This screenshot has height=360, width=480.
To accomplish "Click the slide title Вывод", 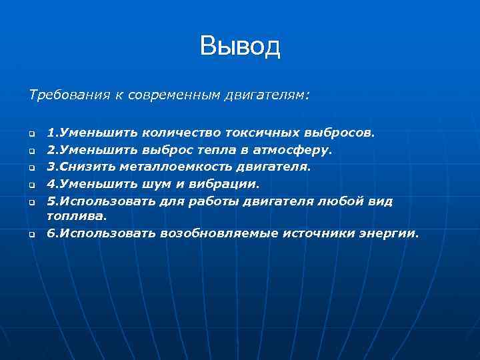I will point(240,47).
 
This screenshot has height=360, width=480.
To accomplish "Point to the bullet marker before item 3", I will point(31,167).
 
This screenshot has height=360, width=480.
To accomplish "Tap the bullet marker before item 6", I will point(31,234).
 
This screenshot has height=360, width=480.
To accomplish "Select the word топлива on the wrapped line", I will point(76,216).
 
